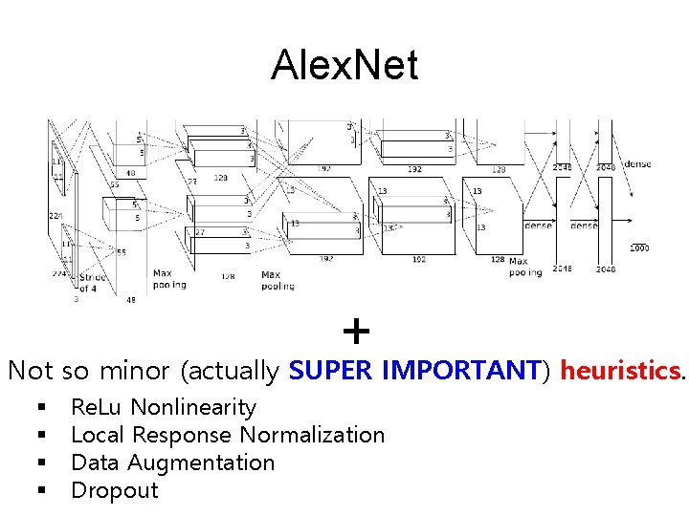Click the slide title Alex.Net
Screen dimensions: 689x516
tap(344, 66)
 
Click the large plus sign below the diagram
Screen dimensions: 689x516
tap(356, 333)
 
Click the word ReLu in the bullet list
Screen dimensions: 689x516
tap(97, 408)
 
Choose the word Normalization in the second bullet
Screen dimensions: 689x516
tap(312, 436)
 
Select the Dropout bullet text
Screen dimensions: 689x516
tap(115, 491)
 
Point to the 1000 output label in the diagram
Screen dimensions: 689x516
tap(639, 247)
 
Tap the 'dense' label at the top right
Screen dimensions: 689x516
tap(637, 164)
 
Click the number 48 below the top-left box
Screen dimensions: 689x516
tap(130, 174)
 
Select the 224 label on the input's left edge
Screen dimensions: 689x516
tap(56, 216)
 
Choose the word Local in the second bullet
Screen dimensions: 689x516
tap(98, 436)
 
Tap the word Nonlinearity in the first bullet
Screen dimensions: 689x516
tap(193, 408)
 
